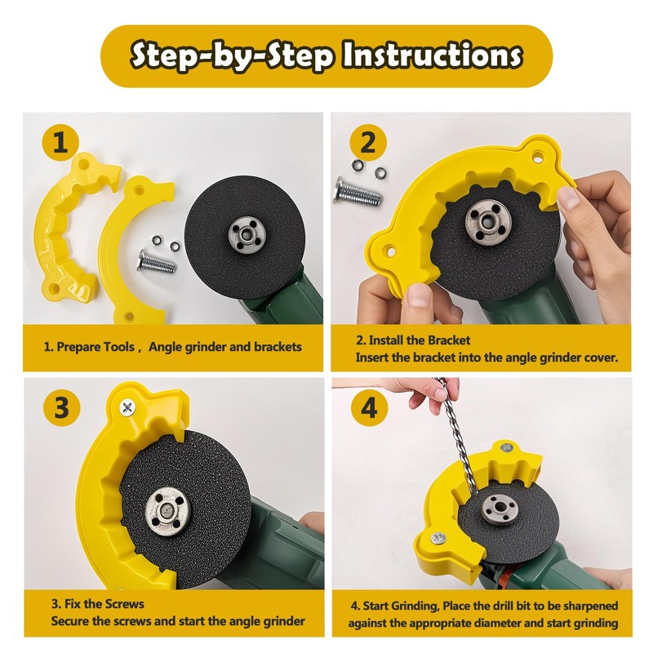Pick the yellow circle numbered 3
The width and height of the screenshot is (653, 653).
point(61,408)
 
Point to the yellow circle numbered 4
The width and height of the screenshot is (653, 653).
point(369,408)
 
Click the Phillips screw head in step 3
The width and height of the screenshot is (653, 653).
point(127,406)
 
